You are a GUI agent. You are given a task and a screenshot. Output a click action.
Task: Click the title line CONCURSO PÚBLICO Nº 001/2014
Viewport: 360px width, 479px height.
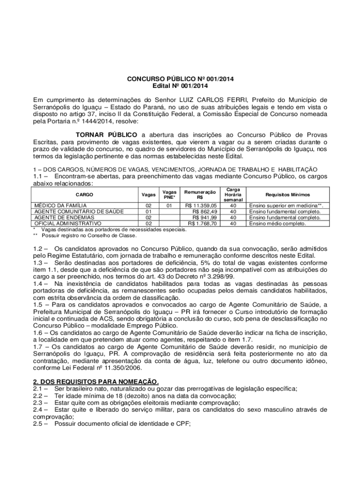pyautogui.click(x=180, y=79)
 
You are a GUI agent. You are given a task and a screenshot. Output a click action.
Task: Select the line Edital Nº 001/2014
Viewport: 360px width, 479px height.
pyautogui.click(x=180, y=86)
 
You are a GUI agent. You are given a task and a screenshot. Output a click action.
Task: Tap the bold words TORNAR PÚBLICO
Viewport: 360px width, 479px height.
pyautogui.click(x=107, y=135)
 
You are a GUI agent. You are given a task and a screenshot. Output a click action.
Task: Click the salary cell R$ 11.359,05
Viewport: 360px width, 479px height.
pyautogui.click(x=201, y=205)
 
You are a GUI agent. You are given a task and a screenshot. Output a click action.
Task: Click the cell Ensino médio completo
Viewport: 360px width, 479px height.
pyautogui.click(x=278, y=224)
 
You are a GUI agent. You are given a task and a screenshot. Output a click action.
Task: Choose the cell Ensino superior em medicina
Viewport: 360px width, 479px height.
pyautogui.click(x=287, y=205)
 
